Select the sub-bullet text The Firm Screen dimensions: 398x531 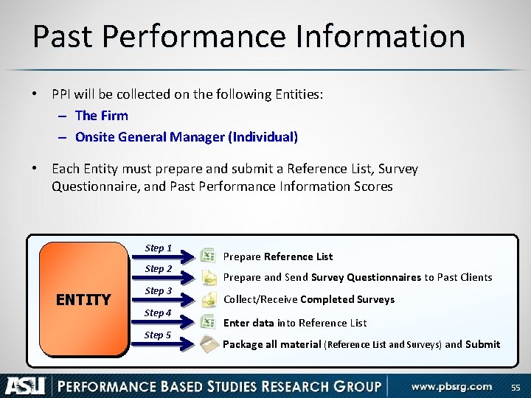(101, 116)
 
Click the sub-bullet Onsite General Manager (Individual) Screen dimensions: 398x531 (186, 137)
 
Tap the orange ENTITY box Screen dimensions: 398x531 (83, 299)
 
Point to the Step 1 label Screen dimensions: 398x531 (159, 248)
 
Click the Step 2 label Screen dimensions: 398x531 (159, 269)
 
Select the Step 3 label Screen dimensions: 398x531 (159, 291)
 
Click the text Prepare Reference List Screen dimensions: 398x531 (277, 256)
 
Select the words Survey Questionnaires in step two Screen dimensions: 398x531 (366, 277)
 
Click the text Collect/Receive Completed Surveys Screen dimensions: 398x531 (308, 299)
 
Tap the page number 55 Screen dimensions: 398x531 (515, 386)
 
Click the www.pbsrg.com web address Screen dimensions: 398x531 (451, 386)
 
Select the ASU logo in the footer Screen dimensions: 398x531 (25, 385)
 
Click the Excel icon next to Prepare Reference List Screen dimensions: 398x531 (208, 255)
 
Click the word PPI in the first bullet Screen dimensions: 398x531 (63, 94)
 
